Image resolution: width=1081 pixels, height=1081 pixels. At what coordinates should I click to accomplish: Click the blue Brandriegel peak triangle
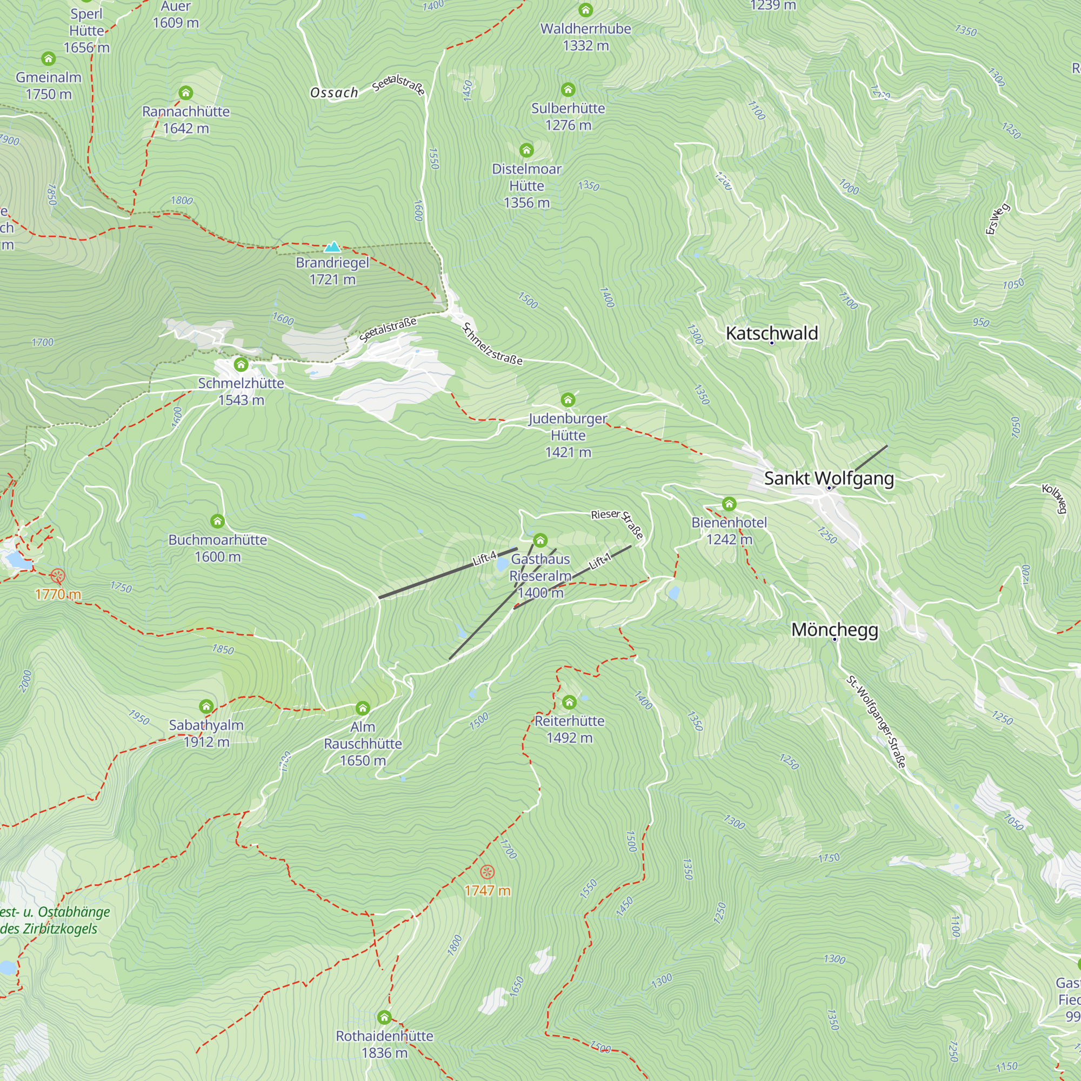tap(332, 247)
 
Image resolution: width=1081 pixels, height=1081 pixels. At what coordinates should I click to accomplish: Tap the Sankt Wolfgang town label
tap(829, 478)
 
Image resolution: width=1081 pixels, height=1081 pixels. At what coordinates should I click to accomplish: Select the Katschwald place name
tap(772, 333)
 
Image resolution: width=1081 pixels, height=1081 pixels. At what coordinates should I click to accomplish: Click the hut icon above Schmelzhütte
tap(241, 365)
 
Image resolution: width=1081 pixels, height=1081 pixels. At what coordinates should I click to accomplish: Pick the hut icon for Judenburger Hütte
tap(568, 399)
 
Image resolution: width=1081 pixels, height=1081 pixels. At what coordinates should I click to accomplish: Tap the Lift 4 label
tap(484, 558)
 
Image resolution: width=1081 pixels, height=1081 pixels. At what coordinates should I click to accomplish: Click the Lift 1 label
tap(600, 561)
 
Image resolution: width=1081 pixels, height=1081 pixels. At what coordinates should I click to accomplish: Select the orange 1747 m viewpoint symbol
tap(488, 872)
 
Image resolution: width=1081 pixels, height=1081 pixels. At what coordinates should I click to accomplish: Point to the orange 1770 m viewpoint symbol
tap(58, 576)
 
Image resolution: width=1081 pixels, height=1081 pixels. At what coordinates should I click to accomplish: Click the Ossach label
tap(334, 93)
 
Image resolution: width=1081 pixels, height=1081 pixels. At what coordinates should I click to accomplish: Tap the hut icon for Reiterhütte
tap(569, 702)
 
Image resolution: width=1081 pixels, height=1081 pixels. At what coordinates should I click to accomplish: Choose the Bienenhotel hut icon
tap(729, 504)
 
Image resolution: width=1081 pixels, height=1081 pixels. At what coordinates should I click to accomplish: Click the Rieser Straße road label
tap(618, 523)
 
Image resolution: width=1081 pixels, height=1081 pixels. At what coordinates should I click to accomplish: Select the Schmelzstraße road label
tap(492, 344)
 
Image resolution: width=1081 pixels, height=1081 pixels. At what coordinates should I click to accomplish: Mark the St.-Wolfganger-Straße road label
tap(876, 722)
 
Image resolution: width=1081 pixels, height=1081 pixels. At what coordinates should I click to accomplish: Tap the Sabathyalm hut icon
tap(206, 706)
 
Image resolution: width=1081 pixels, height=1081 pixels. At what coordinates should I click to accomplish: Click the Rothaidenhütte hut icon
tap(384, 1017)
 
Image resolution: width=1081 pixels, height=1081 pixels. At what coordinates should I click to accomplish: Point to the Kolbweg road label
tap(1054, 498)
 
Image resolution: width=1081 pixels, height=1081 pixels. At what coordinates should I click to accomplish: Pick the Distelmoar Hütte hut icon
tap(526, 150)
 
